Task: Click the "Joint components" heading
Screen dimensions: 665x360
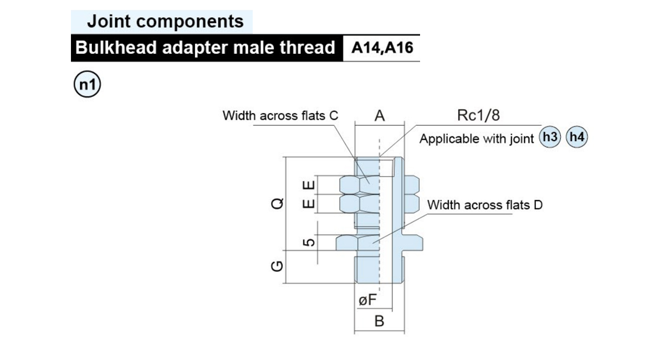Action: [165, 22]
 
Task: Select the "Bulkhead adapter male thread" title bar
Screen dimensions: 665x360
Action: [207, 48]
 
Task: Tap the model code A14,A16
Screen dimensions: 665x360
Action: [382, 48]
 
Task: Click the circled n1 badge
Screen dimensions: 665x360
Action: [88, 84]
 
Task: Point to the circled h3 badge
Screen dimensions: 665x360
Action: [550, 137]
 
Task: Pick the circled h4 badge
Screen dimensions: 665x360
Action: [577, 137]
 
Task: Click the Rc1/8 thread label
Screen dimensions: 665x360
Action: [478, 115]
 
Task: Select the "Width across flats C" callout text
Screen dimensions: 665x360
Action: [280, 116]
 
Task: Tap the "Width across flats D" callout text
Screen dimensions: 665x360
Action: [485, 205]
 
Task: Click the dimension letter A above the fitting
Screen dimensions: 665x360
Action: [380, 116]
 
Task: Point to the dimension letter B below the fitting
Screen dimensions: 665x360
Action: [380, 321]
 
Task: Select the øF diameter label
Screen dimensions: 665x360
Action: [367, 300]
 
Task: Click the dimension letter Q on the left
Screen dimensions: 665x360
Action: [277, 204]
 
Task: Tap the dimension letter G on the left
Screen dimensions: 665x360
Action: [277, 266]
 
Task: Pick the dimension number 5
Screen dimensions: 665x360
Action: [309, 243]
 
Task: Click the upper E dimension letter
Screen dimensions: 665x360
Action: [309, 186]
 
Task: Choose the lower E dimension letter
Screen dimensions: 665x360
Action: [309, 204]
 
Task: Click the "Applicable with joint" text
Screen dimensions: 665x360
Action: [477, 139]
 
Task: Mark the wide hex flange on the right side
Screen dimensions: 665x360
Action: [413, 243]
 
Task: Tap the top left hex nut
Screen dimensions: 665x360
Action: [360, 185]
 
